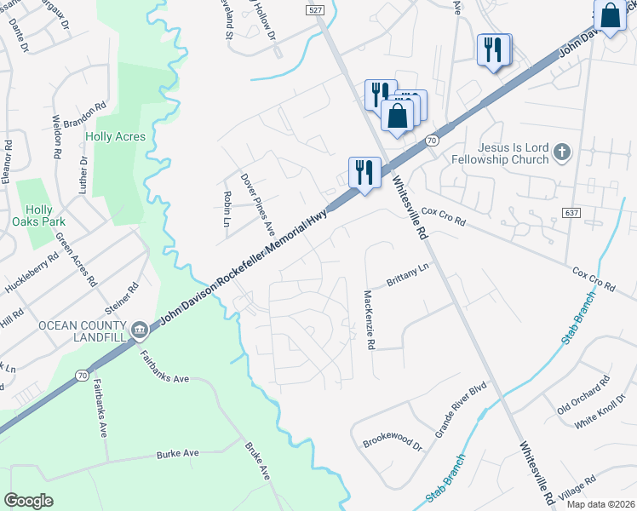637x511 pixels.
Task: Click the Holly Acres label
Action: point(115,136)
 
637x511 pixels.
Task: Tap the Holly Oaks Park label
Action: point(39,217)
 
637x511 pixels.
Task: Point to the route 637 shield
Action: point(572,210)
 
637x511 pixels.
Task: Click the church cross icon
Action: point(560,152)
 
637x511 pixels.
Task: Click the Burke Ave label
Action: point(177,453)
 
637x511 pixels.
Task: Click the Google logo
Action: point(29,501)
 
